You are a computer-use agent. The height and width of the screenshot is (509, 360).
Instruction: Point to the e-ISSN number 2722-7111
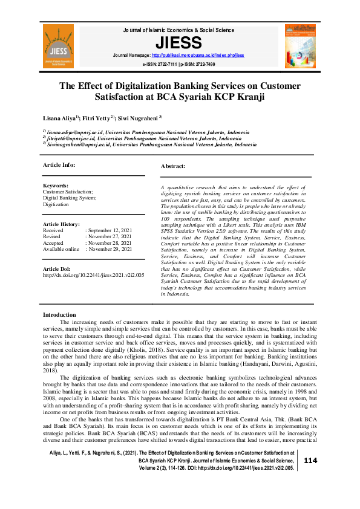(165, 63)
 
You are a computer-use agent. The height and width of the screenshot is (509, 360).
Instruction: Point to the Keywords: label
(55, 186)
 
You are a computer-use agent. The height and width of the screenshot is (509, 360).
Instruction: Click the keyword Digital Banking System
(69, 198)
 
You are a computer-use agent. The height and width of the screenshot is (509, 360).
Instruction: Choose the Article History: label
(61, 224)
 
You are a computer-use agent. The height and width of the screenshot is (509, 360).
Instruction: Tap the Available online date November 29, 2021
(110, 248)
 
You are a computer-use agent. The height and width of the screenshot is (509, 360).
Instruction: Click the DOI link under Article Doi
(93, 274)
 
